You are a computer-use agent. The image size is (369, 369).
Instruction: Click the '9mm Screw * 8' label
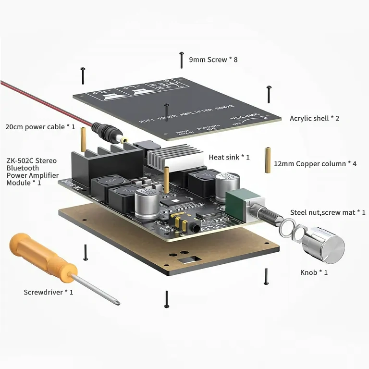point(213,60)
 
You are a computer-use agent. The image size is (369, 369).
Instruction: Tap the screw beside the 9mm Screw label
point(182,60)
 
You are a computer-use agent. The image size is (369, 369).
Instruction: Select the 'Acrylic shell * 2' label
point(314,118)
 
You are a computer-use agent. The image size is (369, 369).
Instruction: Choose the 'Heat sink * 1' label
point(229,157)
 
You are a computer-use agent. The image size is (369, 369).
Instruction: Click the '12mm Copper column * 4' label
point(315,164)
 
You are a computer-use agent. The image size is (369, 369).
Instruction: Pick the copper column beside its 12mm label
point(267,163)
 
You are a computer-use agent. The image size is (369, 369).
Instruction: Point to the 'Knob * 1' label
point(314,272)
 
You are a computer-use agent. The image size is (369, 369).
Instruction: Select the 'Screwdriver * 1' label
point(49,292)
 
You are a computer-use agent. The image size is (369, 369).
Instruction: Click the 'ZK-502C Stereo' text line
point(32,160)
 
